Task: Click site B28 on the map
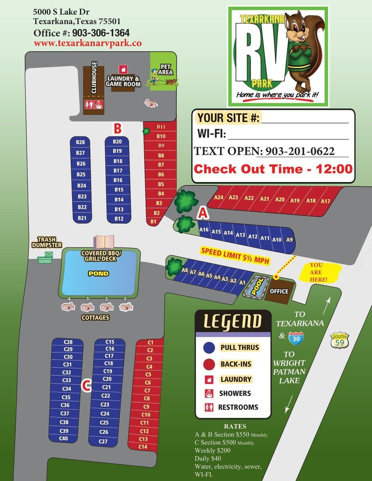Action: (x=80, y=142)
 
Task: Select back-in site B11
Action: (x=161, y=127)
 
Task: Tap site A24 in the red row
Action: (x=219, y=197)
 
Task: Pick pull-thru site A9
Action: (x=289, y=239)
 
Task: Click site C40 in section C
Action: (x=64, y=438)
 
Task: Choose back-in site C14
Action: (x=143, y=447)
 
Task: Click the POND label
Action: (x=99, y=273)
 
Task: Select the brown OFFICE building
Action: (x=279, y=291)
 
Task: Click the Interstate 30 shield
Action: (x=296, y=338)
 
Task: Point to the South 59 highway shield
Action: (x=339, y=341)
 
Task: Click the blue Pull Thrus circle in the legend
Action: (x=209, y=348)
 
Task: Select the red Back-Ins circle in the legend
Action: (x=209, y=364)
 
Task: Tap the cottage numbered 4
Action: (x=68, y=307)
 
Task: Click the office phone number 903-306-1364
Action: (x=101, y=33)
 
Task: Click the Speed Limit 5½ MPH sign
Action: (x=235, y=256)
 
